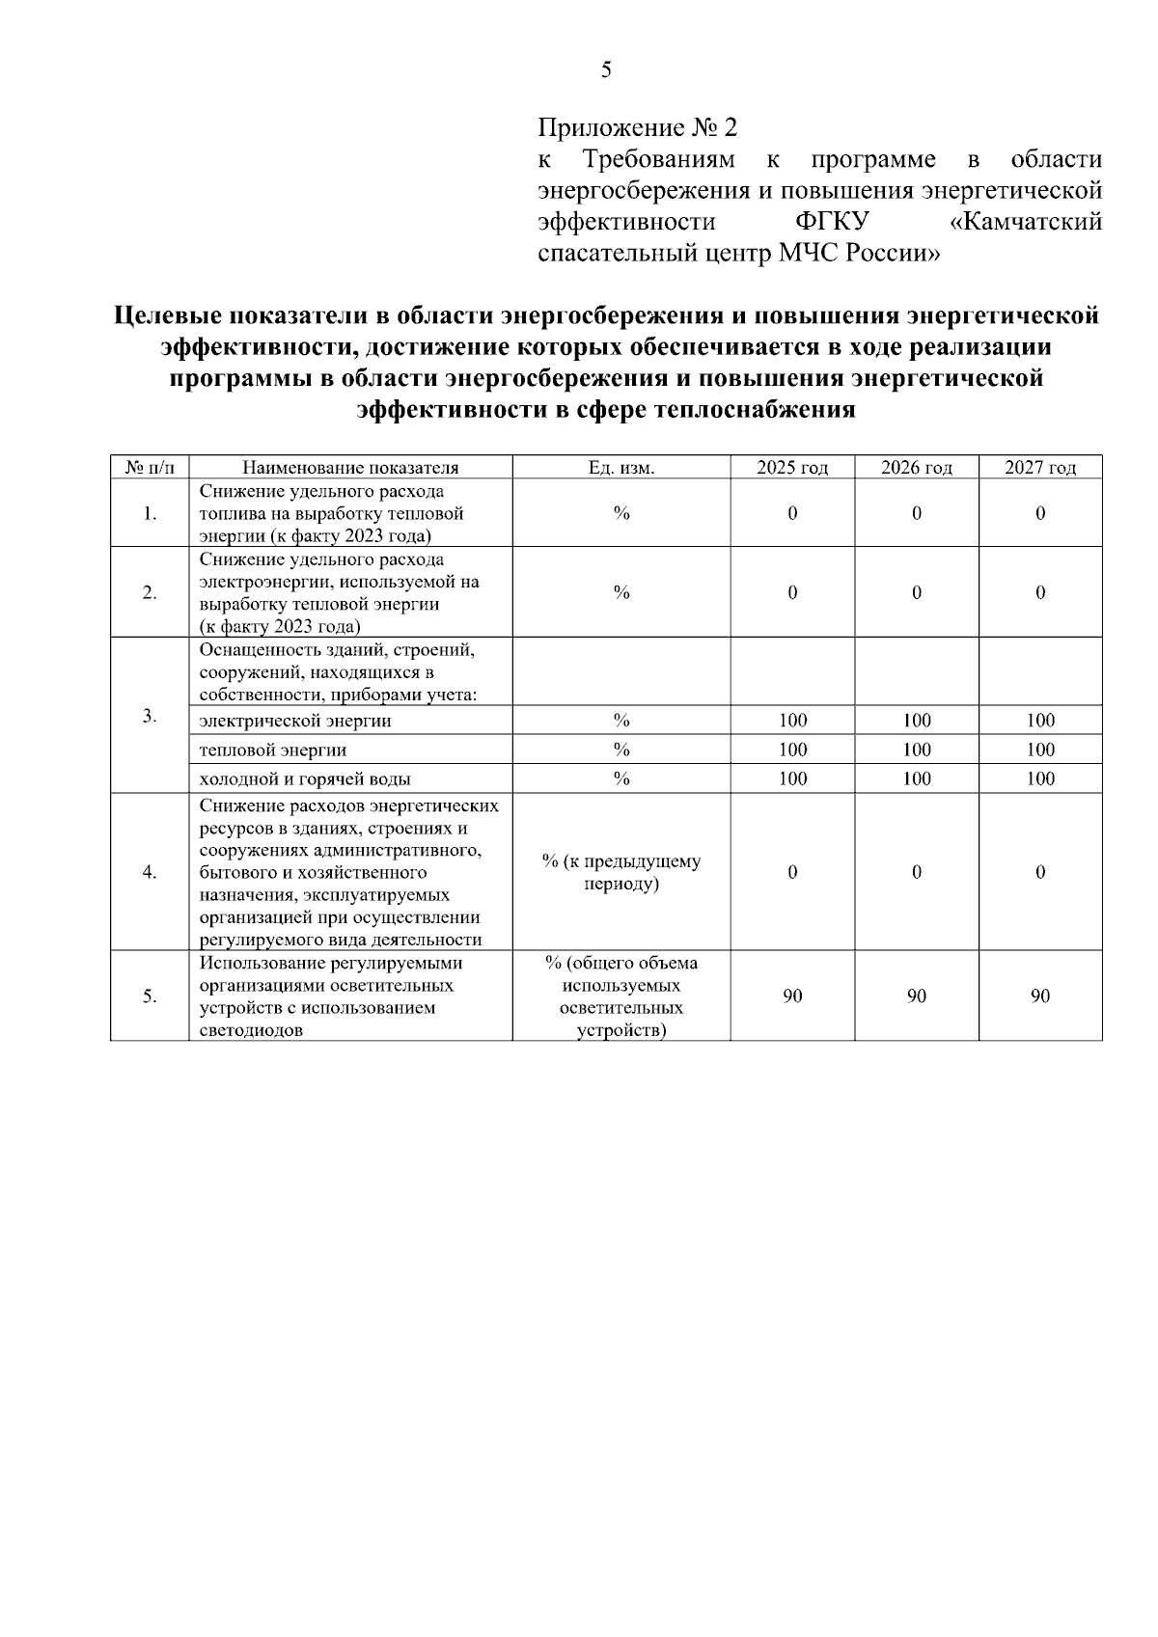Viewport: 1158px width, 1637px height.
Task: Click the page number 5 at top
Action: coord(606,69)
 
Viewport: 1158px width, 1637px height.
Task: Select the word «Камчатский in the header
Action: coord(1026,223)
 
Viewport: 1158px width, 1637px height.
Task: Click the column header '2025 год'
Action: coord(792,469)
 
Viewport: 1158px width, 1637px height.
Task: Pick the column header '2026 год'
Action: coord(916,469)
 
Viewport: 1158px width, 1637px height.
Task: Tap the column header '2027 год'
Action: coord(1039,469)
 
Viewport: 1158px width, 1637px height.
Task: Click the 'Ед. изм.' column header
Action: coord(621,469)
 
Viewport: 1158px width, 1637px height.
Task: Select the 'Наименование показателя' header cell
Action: coord(350,469)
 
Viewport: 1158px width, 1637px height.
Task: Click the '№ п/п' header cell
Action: coord(150,469)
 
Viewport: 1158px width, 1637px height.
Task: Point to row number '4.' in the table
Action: coord(150,872)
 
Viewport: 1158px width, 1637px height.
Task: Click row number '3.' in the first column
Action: coord(150,716)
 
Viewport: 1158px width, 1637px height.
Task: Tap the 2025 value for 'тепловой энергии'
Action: coord(792,750)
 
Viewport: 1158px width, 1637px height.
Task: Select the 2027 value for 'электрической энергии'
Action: coord(1040,721)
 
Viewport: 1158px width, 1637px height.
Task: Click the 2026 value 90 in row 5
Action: coord(916,996)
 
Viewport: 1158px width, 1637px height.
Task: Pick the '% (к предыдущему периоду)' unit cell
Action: coord(621,872)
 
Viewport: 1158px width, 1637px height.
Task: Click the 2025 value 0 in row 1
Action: coord(792,514)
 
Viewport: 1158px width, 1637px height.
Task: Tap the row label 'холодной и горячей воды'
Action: coord(305,779)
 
